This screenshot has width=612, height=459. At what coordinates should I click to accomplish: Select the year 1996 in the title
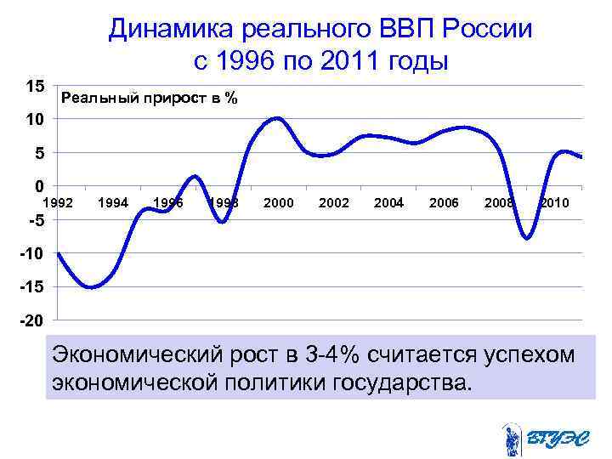point(249,62)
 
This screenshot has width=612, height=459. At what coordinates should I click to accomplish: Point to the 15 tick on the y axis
point(36,87)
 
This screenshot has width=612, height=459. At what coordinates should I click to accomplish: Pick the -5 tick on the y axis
point(34,220)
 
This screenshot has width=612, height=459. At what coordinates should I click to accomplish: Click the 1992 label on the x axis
point(59,202)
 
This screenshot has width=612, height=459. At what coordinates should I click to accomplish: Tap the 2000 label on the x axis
point(279,202)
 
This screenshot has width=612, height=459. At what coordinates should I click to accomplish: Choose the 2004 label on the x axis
point(388,202)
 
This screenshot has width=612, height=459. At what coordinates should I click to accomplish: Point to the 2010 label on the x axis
point(553,202)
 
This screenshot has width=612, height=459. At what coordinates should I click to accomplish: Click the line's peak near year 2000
point(278,118)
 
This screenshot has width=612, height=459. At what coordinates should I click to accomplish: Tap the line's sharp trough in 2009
point(527,239)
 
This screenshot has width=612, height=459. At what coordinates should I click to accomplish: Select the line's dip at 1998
point(222,222)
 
